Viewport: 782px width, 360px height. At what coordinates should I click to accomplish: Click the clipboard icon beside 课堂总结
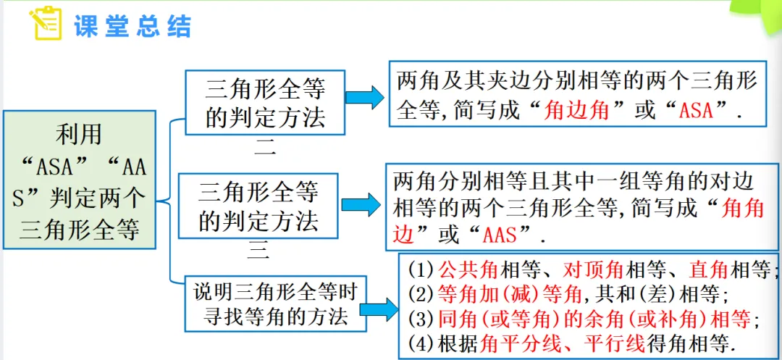pos(45,24)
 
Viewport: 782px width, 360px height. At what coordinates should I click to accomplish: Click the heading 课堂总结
pos(133,25)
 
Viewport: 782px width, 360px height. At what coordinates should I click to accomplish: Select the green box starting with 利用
pos(80,180)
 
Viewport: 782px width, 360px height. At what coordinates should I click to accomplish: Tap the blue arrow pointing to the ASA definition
pos(365,98)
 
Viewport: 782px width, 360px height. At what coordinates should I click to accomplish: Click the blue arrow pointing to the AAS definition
pos(361,205)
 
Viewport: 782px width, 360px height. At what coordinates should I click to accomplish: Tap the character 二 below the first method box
pos(265,150)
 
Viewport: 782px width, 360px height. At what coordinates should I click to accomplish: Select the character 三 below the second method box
pos(258,251)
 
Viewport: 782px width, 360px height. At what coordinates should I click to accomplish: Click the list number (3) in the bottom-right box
pos(421,319)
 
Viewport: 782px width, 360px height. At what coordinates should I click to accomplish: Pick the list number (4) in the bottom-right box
pos(421,343)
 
